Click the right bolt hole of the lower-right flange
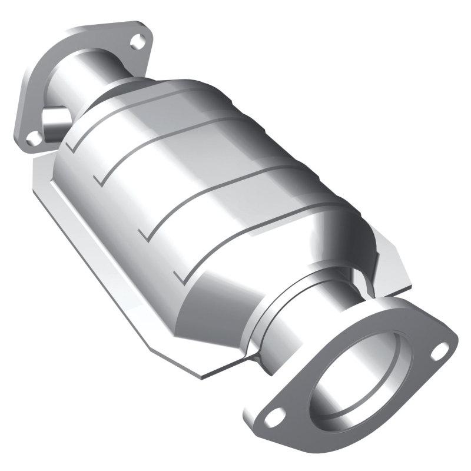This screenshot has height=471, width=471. pos(437,353)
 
